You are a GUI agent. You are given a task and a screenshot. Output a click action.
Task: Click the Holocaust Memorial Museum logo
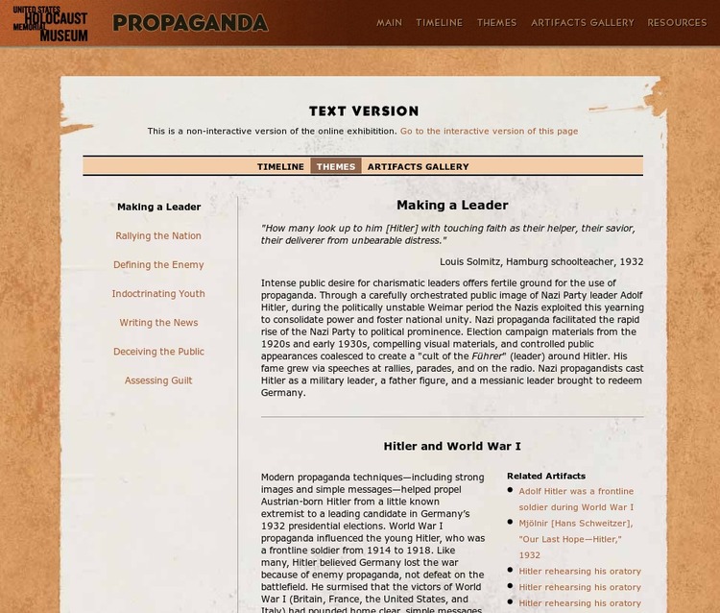coord(50,23)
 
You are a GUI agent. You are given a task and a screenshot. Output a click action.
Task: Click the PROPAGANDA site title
coord(190,23)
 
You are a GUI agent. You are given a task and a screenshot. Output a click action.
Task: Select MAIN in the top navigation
coord(389,22)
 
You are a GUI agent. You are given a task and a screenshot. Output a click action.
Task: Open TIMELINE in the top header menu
coord(439,22)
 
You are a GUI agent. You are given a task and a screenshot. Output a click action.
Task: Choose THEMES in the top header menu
coord(496,22)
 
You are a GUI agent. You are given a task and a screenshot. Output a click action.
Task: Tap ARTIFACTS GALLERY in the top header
coord(583,22)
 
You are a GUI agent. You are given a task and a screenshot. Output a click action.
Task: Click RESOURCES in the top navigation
coord(677,22)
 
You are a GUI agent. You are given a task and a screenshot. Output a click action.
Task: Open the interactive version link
coord(489,132)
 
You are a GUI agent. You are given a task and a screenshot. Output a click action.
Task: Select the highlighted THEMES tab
coord(336,166)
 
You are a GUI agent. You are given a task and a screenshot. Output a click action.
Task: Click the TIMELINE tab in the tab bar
coord(280,166)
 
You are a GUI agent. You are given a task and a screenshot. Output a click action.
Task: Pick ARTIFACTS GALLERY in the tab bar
coord(418,166)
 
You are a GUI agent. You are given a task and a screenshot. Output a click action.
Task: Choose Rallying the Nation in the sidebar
coord(158,236)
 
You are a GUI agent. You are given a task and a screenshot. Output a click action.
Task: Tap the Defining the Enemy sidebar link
coord(158,265)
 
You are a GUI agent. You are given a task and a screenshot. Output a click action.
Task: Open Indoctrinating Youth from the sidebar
coord(158,294)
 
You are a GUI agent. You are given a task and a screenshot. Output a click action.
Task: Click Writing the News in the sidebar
coord(158,323)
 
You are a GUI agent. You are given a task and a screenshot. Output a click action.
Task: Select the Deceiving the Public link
coord(158,352)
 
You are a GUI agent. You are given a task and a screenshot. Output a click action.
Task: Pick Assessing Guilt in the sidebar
coord(158,380)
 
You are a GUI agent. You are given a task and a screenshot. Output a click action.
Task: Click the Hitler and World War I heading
coord(452,447)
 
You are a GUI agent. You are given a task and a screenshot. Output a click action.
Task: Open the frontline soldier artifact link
coord(576,499)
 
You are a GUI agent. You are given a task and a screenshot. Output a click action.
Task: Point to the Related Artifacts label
coord(546,476)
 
